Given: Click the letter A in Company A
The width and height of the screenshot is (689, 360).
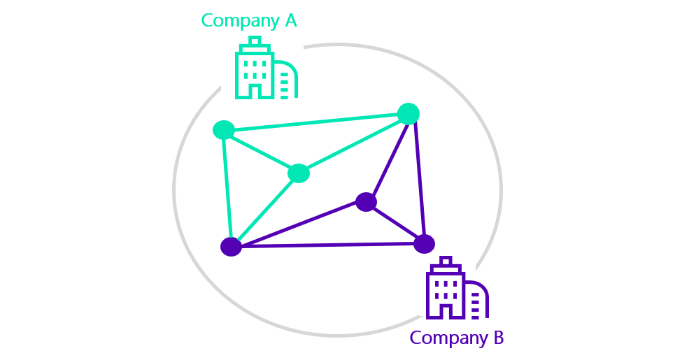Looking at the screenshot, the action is [x=291, y=20].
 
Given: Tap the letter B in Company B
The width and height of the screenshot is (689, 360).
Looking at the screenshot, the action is [x=498, y=338].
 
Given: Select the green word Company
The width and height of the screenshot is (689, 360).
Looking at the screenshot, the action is [x=241, y=21].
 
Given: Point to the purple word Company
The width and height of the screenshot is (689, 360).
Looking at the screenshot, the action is [x=448, y=338].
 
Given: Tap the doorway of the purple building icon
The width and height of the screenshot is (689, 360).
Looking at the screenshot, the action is [x=446, y=310].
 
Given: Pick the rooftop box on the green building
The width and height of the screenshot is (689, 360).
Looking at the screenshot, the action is [x=255, y=41].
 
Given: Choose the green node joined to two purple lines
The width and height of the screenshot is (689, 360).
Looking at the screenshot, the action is [x=409, y=114].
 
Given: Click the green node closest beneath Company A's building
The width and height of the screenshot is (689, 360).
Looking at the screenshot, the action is [x=224, y=130].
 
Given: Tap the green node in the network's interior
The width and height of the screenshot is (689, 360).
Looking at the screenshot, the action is [x=299, y=173].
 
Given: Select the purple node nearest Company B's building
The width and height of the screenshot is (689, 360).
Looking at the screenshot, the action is [x=424, y=244].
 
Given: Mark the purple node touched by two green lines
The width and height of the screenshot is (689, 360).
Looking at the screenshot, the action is [x=231, y=247].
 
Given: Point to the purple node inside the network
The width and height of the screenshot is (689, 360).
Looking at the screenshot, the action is [x=366, y=202].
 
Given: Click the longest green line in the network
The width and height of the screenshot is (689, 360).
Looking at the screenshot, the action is [x=316, y=122].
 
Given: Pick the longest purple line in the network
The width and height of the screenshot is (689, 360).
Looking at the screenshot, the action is [x=328, y=245].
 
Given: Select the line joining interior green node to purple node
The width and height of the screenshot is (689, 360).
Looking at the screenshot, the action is [x=265, y=210].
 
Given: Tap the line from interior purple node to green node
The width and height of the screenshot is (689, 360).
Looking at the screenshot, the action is [x=387, y=158].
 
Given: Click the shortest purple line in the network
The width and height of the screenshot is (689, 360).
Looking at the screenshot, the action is [x=395, y=223].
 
